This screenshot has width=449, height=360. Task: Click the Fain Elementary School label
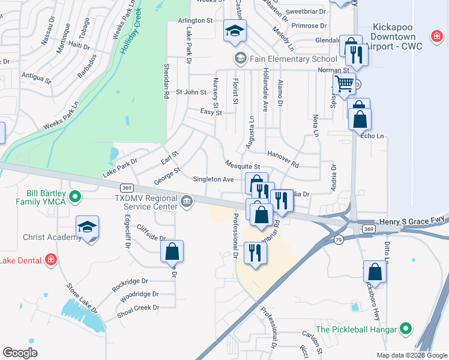(x=293, y=59)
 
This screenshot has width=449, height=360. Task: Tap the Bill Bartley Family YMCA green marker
(x=75, y=196)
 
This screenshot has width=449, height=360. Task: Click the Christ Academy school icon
(x=87, y=227)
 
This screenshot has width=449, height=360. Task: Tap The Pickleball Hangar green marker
(x=406, y=329)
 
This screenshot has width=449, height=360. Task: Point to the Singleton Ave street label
(x=213, y=179)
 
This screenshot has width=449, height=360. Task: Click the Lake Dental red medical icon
(x=52, y=260)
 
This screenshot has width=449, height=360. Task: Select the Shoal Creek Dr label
(x=139, y=308)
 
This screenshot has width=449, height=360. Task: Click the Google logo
(x=20, y=353)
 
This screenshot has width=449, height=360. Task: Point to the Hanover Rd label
(x=283, y=158)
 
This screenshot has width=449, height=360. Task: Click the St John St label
(x=191, y=92)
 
